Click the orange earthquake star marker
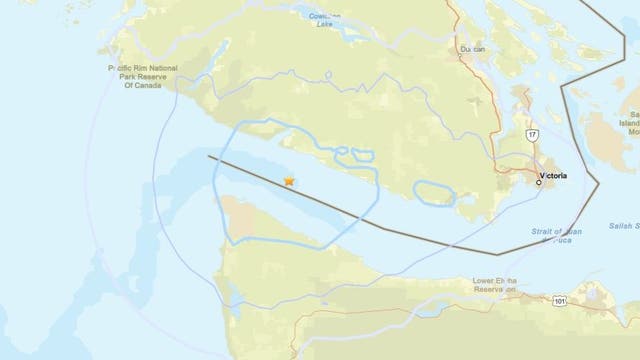pos(289,181)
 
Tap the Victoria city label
pos(552,175)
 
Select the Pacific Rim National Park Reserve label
pos(142,76)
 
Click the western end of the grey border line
pos(209,157)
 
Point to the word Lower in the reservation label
pos(487,267)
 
